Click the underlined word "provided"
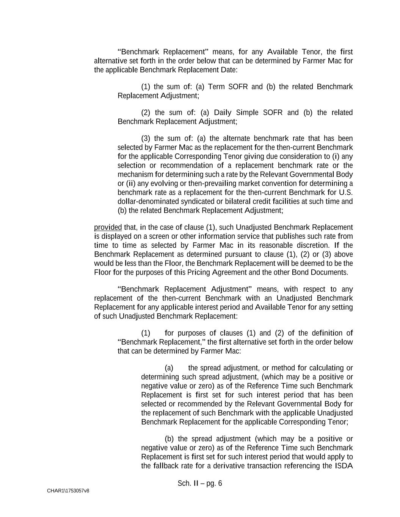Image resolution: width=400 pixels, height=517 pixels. point(108,227)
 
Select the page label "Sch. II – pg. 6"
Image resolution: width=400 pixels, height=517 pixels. point(199,483)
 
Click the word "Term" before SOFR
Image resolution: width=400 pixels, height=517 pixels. point(216,87)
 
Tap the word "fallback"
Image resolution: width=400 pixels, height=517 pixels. point(166,465)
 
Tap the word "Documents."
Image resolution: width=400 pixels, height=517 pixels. point(329,272)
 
